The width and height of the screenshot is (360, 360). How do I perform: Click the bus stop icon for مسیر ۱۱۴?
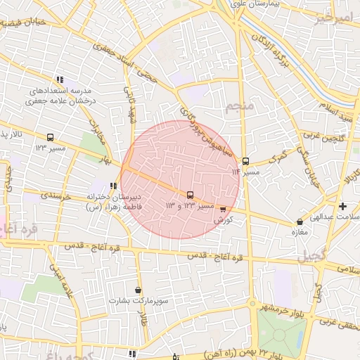[245, 160]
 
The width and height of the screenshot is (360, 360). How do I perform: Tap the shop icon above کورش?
[224, 209]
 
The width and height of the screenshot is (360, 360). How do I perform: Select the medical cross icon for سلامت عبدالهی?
[342, 206]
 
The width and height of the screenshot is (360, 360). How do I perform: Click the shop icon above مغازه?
[300, 222]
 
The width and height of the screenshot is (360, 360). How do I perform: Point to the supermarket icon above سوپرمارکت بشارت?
[138, 290]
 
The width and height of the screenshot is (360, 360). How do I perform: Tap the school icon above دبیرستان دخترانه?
[115, 186]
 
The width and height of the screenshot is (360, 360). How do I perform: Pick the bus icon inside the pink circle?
[190, 195]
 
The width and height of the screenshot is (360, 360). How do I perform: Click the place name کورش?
[224, 219]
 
